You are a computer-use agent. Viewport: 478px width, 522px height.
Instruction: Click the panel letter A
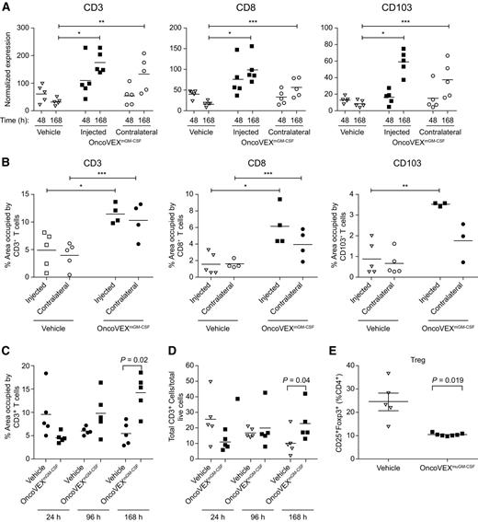point(6,7)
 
